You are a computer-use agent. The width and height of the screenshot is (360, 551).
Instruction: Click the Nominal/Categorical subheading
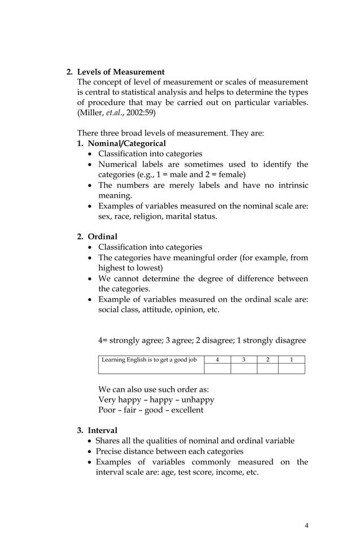pos(118,143)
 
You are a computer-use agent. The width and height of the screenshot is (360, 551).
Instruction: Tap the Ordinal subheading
pos(102,237)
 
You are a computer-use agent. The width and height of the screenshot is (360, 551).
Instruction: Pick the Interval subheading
pos(102,431)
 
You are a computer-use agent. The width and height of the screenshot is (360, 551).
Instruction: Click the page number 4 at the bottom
pos(306,526)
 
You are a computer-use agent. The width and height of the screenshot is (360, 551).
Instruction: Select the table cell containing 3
pos(244,360)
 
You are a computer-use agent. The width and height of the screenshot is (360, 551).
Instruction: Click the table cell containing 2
pos(267,360)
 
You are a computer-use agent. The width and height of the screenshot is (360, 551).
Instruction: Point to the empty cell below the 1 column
pos(291,369)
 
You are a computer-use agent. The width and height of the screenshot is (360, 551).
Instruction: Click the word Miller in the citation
pos(91,113)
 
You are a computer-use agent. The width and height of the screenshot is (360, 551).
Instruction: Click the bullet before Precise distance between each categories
pos(90,452)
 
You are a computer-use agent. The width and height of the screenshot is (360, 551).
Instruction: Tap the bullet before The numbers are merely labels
pos(91,185)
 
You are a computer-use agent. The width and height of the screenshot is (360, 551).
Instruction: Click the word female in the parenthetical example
pos(229,174)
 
